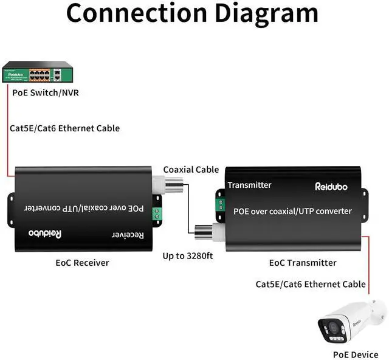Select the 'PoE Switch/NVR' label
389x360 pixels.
pyautogui.click(x=46, y=93)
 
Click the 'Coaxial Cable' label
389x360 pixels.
pyautogui.click(x=191, y=170)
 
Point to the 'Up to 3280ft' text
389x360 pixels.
pyautogui.click(x=188, y=256)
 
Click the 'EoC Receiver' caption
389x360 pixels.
pyautogui.click(x=83, y=263)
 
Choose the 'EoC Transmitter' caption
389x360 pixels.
pyautogui.click(x=303, y=263)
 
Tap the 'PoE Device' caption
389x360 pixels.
pyautogui.click(x=356, y=355)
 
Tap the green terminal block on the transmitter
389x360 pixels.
pyautogui.click(x=221, y=205)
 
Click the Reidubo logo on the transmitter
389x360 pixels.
pyautogui.click(x=331, y=187)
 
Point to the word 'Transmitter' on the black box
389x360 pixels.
pyautogui.click(x=249, y=185)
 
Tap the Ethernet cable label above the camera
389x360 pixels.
pyautogui.click(x=311, y=284)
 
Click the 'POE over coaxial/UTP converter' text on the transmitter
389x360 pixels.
pyautogui.click(x=292, y=211)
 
